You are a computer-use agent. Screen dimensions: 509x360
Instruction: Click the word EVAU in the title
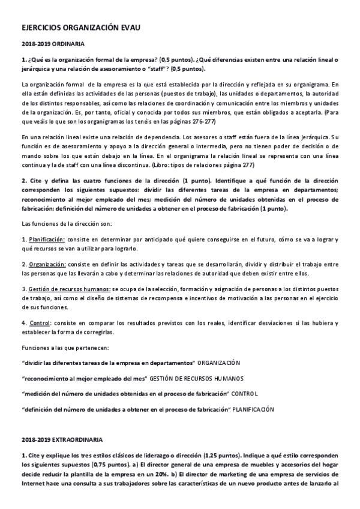point(128,28)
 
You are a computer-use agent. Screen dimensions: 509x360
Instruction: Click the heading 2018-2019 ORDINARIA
point(53,44)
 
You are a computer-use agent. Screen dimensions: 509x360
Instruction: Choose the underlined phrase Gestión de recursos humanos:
point(68,288)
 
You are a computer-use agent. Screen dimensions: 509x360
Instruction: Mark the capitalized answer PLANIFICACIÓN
point(254,409)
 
